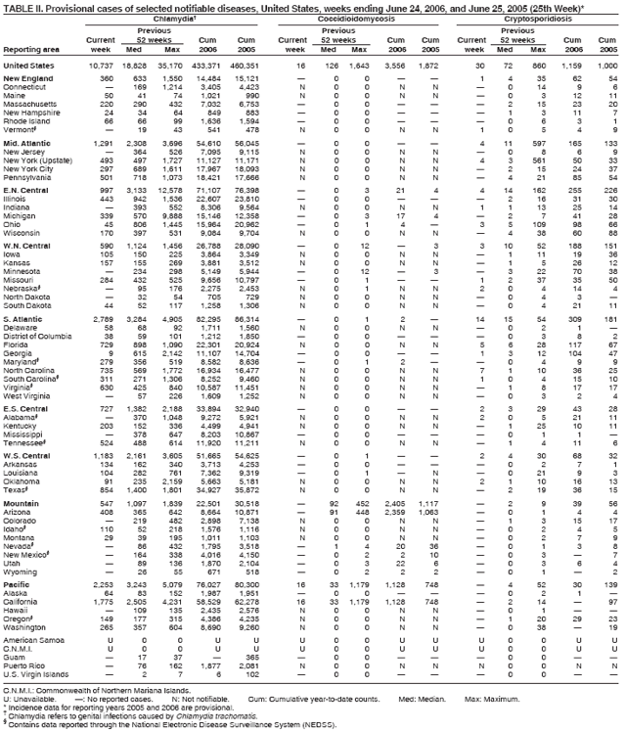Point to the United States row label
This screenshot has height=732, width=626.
pos(29,64)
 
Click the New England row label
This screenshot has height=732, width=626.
pos(26,77)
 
